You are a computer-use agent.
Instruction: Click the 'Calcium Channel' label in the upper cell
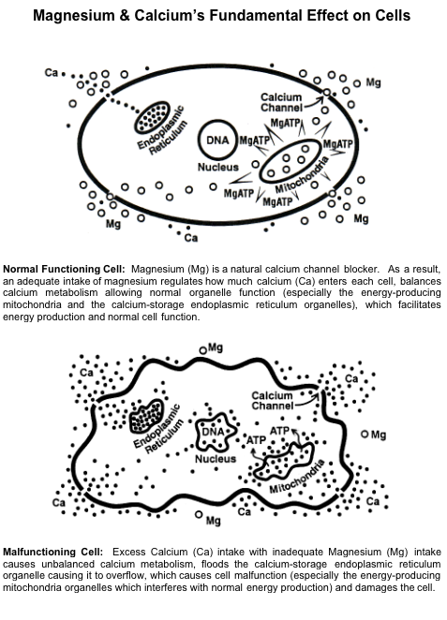[x=281, y=102]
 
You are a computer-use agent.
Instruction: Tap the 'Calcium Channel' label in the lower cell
[x=272, y=401]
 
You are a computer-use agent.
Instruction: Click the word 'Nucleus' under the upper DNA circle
[x=218, y=168]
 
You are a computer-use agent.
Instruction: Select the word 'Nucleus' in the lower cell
[x=216, y=459]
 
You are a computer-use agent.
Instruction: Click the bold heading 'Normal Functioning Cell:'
[x=64, y=270]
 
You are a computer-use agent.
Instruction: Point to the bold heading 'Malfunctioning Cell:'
[x=53, y=552]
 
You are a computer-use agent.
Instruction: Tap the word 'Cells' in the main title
[x=394, y=16]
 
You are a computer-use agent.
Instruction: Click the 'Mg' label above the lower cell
[x=216, y=348]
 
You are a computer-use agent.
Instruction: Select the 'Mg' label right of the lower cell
[x=379, y=435]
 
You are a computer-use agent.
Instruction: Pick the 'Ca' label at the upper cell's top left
[x=52, y=72]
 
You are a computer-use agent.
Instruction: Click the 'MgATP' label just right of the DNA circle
[x=254, y=140]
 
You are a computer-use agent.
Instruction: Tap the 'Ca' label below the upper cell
[x=191, y=238]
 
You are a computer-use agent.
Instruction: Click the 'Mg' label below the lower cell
[x=214, y=521]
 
